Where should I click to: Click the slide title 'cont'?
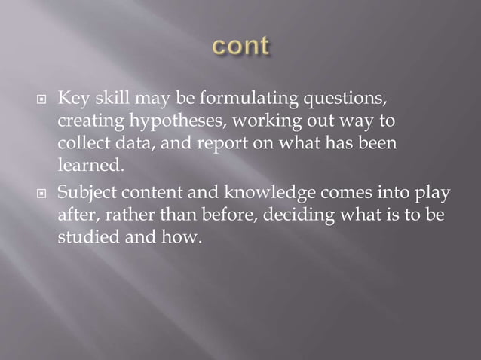240,47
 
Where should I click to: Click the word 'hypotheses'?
155,122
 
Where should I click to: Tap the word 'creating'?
83,122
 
